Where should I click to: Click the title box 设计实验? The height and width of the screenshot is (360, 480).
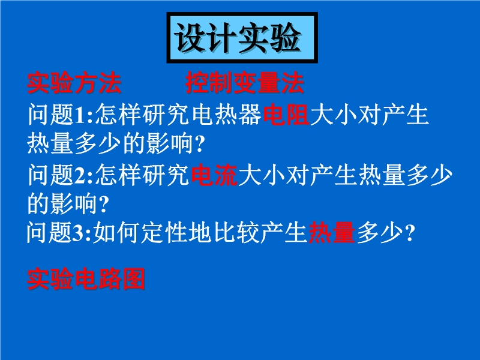point(242,38)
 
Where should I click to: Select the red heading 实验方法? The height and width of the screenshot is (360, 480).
point(74,83)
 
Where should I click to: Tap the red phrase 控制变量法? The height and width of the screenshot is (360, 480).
point(245,83)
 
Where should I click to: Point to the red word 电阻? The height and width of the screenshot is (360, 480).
point(286,115)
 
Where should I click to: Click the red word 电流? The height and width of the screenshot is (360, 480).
point(214,175)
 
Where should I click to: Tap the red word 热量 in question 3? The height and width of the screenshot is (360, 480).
point(332,233)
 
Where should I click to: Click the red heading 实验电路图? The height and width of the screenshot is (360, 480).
point(86,279)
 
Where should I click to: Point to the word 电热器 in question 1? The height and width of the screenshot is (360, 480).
point(227,115)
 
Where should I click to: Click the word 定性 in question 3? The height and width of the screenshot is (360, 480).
point(164,233)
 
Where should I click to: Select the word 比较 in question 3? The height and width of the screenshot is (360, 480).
point(237,233)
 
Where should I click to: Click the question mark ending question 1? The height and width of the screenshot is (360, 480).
point(199,144)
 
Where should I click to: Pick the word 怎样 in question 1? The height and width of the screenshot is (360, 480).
point(118,115)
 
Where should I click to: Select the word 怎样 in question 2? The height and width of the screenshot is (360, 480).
point(118,175)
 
